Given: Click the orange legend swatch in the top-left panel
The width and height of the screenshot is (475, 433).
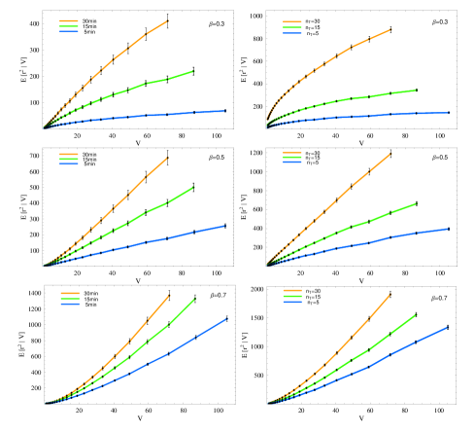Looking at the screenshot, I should (68, 20).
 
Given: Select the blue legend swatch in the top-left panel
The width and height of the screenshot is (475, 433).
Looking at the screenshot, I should (68, 32).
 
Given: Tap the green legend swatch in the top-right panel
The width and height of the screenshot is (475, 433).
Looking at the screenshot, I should (291, 26).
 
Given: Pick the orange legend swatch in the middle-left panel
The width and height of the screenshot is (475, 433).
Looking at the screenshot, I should (68, 154).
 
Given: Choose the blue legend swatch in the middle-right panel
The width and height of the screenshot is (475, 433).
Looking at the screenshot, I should (291, 163).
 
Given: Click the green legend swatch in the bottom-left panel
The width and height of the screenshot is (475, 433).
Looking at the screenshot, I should (69, 298).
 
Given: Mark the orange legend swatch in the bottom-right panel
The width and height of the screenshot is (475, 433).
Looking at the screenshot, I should (291, 291).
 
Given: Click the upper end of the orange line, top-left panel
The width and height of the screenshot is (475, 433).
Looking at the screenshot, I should (168, 19).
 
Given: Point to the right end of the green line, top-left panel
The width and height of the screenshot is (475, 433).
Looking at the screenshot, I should (194, 71).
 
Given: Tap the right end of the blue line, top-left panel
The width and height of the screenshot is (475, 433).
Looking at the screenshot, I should (224, 111).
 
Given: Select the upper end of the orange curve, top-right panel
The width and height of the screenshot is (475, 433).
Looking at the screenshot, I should (391, 29).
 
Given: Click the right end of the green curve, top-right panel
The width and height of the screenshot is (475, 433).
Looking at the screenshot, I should (416, 90).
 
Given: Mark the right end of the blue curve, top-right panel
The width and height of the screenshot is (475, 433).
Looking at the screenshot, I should (449, 113).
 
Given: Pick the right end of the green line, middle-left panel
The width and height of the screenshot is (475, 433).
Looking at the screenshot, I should (194, 187).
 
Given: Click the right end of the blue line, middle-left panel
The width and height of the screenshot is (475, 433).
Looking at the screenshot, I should (225, 226).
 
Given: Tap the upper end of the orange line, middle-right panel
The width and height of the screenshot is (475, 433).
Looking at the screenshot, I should (390, 153).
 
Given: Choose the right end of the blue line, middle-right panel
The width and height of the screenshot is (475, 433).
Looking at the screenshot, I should (449, 229).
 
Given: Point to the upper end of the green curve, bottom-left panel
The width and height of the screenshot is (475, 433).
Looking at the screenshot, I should (194, 299).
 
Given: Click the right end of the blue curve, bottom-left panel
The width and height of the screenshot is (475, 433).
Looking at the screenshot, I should (227, 318).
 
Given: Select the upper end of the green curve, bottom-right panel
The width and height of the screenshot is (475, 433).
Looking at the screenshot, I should (417, 314).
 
